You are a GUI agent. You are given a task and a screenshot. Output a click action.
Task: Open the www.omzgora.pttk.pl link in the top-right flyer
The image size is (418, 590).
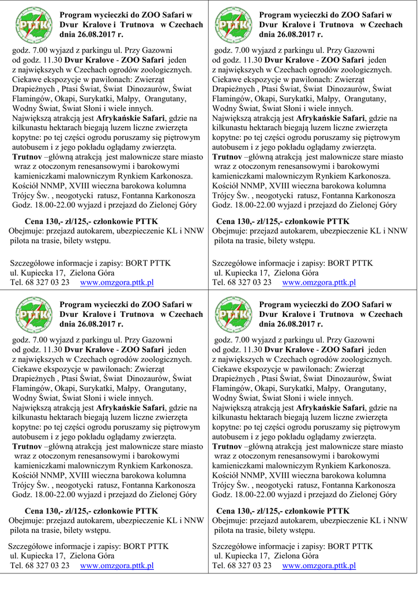(x=318, y=282)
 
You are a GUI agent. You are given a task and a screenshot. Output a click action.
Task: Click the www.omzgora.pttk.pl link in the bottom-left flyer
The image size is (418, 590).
(x=116, y=566)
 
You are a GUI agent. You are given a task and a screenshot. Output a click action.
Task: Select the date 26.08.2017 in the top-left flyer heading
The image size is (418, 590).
(x=100, y=35)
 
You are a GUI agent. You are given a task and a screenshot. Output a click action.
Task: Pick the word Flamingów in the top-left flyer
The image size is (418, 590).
(x=31, y=99)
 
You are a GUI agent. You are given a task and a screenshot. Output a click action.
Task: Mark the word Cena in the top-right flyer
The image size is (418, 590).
(x=226, y=221)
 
